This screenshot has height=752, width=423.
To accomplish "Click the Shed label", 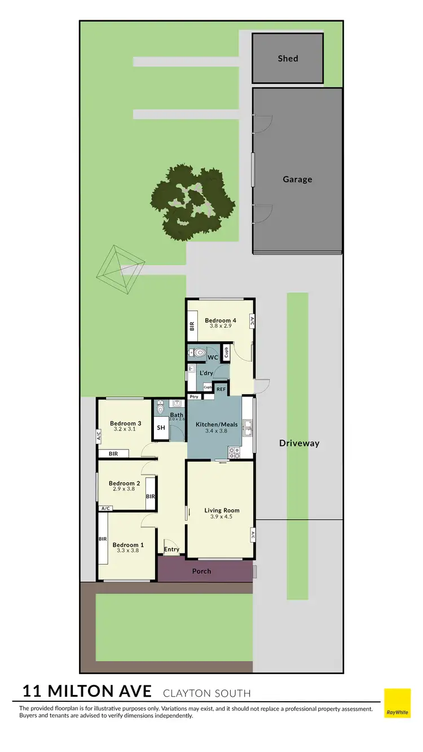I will pos(288,59).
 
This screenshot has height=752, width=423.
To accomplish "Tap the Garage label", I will pos(297,179).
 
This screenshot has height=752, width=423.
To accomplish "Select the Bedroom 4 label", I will pos(221,320).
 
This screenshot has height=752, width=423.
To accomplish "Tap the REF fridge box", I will pos(221,389).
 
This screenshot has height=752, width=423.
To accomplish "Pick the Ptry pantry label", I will pos(194,397).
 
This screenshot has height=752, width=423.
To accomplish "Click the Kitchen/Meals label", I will pos(217,424).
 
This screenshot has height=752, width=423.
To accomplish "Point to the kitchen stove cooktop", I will pos(234,452).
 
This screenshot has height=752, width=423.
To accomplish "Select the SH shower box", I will pos(161,428).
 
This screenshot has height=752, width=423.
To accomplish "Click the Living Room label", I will pos(222,511).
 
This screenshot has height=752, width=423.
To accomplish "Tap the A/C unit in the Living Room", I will pos(253,536).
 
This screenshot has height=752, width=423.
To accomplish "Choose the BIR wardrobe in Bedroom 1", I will pos(103,540).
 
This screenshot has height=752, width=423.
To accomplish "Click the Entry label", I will pos(171,549).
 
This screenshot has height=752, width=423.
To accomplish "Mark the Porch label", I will pos(201,571).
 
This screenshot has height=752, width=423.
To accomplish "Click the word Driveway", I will pos(299,443).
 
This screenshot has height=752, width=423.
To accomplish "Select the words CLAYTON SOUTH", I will pos(206,693).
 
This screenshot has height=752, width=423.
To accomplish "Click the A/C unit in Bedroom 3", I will pos(98,436).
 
